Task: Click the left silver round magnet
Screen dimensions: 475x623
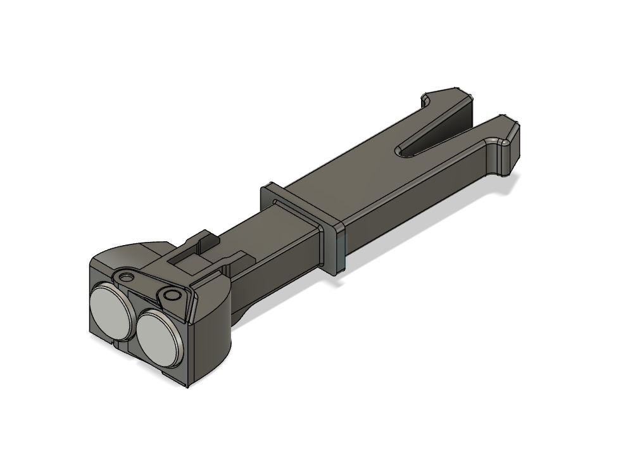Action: click(x=111, y=307)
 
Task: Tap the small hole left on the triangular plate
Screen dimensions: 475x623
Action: click(x=129, y=277)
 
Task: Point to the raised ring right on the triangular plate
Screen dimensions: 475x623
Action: click(x=170, y=295)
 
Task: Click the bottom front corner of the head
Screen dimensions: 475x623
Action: click(x=188, y=383)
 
